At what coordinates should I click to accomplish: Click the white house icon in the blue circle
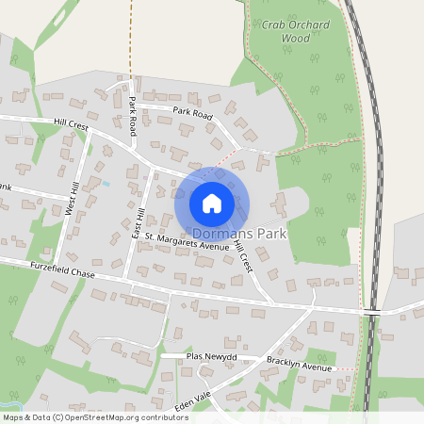tap(211, 203)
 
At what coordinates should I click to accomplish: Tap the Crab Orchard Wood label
tap(282, 33)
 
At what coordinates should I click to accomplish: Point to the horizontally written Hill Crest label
tap(71, 123)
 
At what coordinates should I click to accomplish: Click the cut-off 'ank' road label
tap(5, 187)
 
